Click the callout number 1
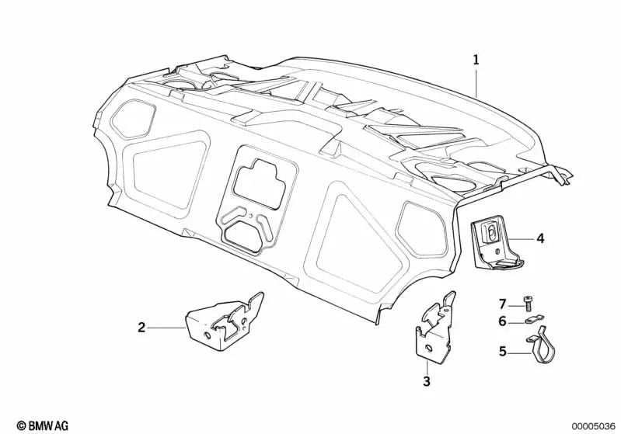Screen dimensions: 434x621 pos(476,59)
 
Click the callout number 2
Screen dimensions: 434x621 pos(141,328)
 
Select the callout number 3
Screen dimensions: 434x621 pos(426,381)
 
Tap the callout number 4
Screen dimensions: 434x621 pos(539,239)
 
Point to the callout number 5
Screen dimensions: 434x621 pos(502,352)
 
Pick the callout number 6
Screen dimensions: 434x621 pos(502,321)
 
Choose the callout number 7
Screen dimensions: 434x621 pos(502,303)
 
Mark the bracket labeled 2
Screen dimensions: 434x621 pos(225,322)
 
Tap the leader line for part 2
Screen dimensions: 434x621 pos(166,328)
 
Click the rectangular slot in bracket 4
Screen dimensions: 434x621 pos(493,231)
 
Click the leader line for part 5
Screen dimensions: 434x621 pos(520,352)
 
